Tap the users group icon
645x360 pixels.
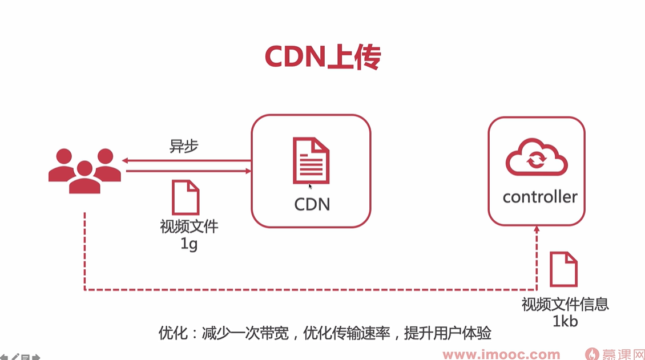pyautogui.click(x=84, y=170)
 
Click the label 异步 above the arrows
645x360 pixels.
pyautogui.click(x=184, y=146)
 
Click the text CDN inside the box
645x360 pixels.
pyautogui.click(x=312, y=204)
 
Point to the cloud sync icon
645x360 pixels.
pyautogui.click(x=537, y=158)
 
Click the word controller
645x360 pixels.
pyautogui.click(x=539, y=197)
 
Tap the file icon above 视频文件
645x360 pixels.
pyautogui.click(x=186, y=197)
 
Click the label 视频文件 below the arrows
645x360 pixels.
pyautogui.click(x=189, y=226)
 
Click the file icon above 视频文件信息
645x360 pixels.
pyautogui.click(x=563, y=269)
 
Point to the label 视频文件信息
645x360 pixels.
pyautogui.click(x=565, y=304)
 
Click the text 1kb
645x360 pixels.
pyautogui.click(x=565, y=321)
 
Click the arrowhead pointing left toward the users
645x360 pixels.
pyautogui.click(x=126, y=161)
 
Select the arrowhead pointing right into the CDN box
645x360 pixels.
pyautogui.click(x=248, y=171)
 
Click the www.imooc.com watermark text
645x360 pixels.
pyautogui.click(x=501, y=354)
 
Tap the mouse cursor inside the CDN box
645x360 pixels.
pyautogui.click(x=311, y=185)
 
